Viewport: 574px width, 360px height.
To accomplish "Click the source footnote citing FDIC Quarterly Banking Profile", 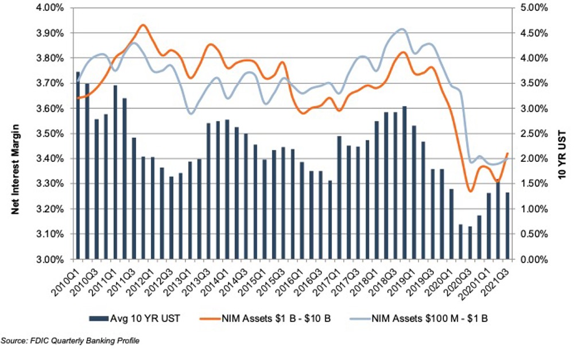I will [x=70, y=341].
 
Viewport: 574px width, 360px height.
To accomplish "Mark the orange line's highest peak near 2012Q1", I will [x=143, y=25].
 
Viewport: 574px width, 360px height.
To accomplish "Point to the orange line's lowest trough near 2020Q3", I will [x=470, y=191].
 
